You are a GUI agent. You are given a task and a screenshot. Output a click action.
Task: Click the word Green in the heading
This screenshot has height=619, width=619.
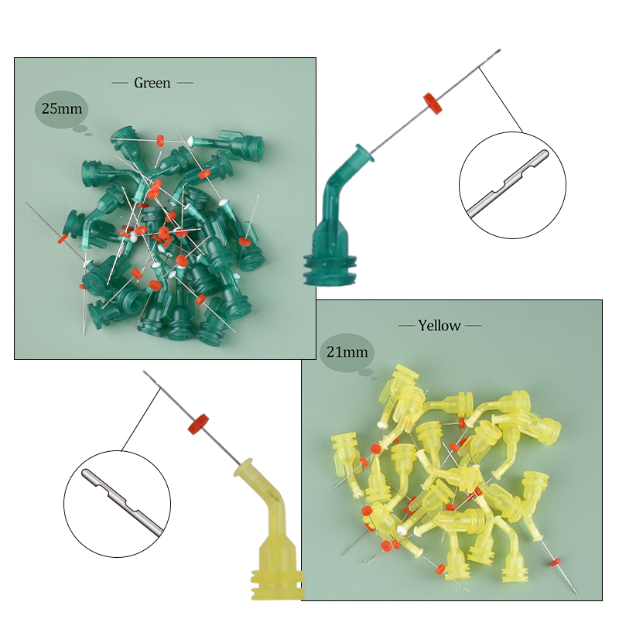tap(152, 83)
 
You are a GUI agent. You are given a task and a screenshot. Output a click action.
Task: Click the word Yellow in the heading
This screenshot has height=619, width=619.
tap(439, 326)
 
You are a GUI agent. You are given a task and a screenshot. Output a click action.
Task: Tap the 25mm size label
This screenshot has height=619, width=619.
tap(62, 108)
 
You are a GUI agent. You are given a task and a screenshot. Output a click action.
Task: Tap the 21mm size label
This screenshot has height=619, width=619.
tap(347, 352)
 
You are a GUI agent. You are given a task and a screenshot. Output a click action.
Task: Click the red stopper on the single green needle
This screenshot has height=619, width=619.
tap(433, 104)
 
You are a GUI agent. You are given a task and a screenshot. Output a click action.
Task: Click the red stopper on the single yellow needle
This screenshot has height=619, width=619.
tap(198, 424)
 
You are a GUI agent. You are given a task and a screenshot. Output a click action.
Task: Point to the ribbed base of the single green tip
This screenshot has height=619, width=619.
tap(330, 269)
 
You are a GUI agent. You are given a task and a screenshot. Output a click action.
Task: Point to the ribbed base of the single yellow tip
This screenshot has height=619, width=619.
tap(278, 584)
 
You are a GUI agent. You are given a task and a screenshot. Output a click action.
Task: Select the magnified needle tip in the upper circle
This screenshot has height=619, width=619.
tap(508, 183)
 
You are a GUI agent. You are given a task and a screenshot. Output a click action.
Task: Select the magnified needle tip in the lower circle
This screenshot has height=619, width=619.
tap(122, 502)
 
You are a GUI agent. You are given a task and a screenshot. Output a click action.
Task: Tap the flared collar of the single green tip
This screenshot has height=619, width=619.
tap(364, 154)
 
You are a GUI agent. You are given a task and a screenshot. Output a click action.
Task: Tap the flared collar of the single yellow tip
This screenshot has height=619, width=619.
tap(244, 468)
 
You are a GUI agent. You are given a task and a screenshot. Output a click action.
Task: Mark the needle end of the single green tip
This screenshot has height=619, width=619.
tap(500, 50)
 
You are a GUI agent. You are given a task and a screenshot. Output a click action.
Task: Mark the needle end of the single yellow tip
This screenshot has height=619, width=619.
tap(144, 371)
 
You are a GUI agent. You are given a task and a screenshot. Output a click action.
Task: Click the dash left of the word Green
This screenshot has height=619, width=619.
tap(120, 83)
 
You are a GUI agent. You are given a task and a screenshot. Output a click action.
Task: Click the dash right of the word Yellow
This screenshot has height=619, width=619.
tap(474, 326)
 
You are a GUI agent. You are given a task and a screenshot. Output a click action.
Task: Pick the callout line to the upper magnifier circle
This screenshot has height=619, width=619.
tap(501, 100)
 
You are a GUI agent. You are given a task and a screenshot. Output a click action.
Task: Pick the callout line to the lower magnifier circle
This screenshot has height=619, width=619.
tap(141, 419)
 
